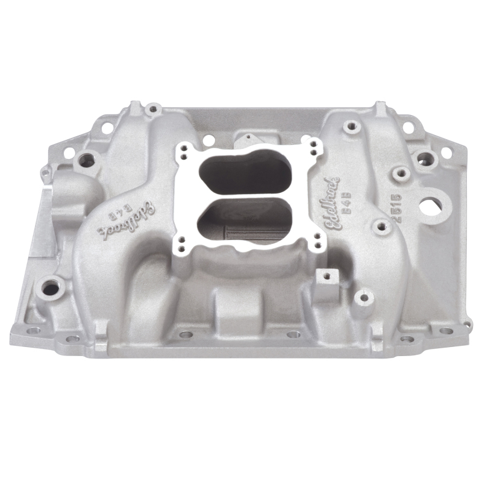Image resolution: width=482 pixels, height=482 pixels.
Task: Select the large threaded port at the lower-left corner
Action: (x=50, y=288)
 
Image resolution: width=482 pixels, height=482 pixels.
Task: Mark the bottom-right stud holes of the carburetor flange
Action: (x=315, y=242)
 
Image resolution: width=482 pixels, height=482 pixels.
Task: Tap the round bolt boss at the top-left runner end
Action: (x=154, y=109)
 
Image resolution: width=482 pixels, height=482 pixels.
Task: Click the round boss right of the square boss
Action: (x=363, y=298)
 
